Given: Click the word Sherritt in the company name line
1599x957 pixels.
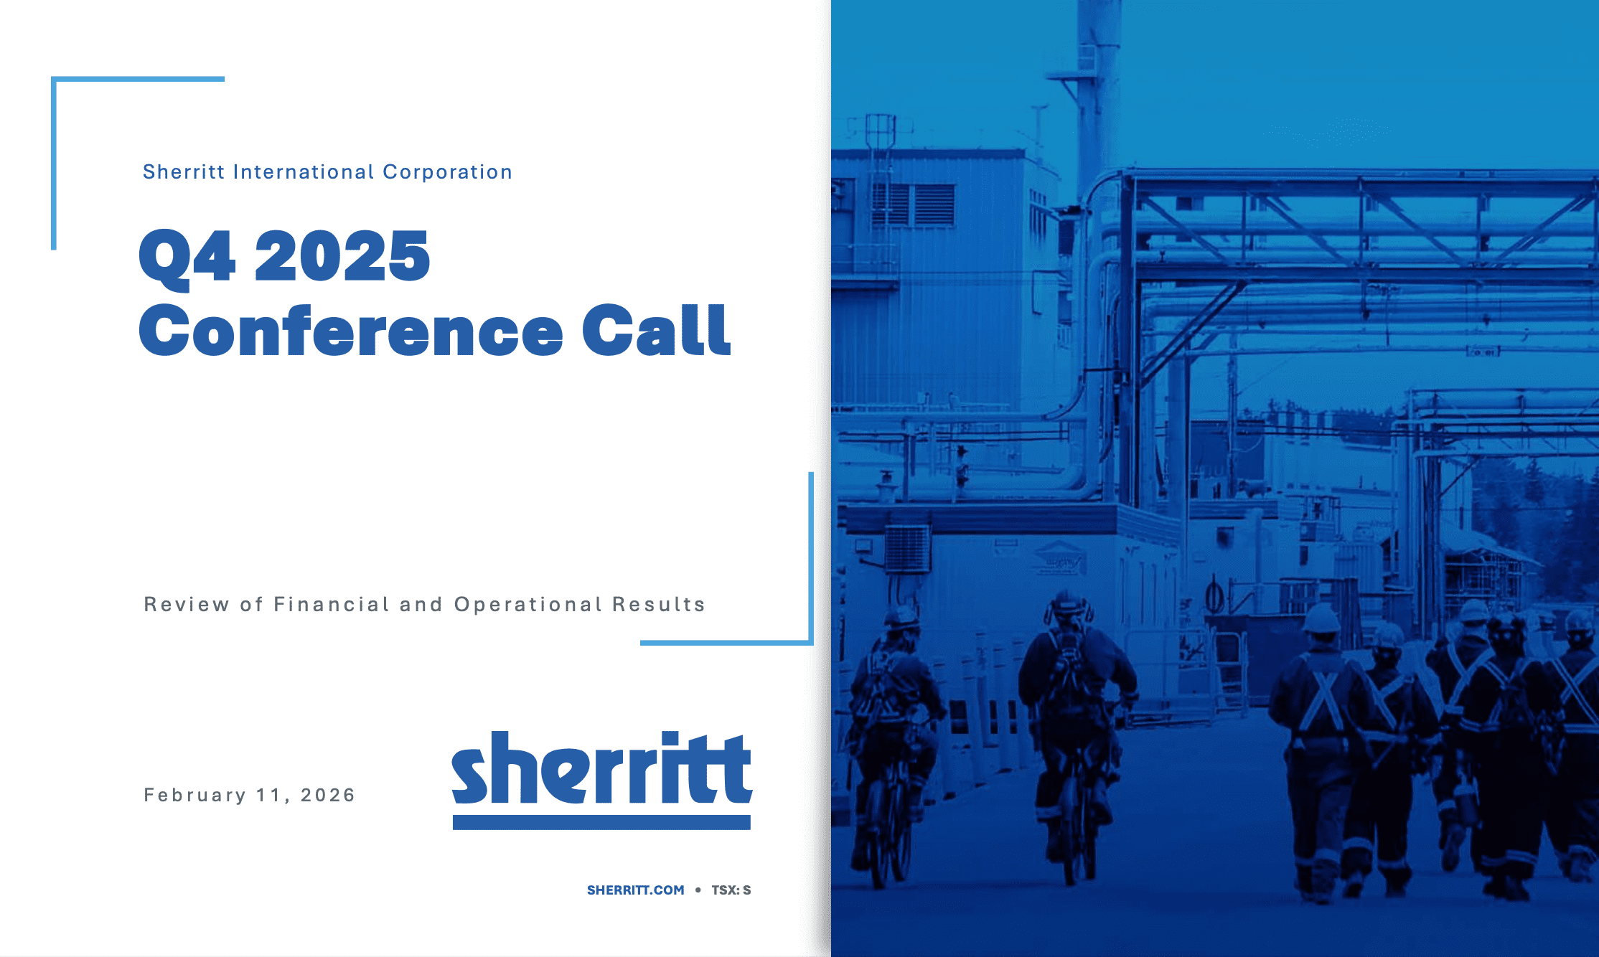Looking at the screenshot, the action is click(184, 172).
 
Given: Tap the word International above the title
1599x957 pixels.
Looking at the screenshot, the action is click(304, 172).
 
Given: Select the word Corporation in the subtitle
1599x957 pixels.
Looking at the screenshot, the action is click(448, 172).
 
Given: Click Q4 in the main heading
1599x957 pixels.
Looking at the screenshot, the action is click(187, 257).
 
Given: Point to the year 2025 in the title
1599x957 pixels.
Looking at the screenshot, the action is click(342, 255).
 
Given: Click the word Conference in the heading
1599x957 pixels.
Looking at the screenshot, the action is click(351, 330).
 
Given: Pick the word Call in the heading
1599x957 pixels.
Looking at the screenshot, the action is click(656, 330).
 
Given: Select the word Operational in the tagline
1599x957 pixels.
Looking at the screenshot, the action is click(528, 605).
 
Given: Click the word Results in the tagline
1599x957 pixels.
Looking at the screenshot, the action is click(659, 605).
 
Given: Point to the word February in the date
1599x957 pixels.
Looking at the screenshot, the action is click(195, 795).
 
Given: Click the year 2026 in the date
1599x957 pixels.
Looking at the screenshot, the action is click(328, 795).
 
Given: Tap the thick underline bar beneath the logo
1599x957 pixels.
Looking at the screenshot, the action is click(601, 822).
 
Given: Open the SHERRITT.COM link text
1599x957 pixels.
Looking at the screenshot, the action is click(636, 890).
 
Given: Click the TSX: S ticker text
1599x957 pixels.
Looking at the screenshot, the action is click(731, 890).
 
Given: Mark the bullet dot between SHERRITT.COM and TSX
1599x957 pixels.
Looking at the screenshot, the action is click(698, 890).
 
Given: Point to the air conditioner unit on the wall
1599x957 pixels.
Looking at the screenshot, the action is click(907, 549).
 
